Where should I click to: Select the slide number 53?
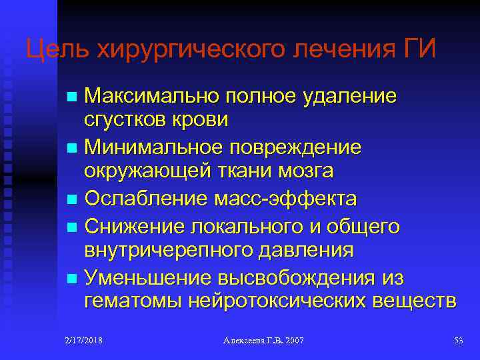pos(458,341)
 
